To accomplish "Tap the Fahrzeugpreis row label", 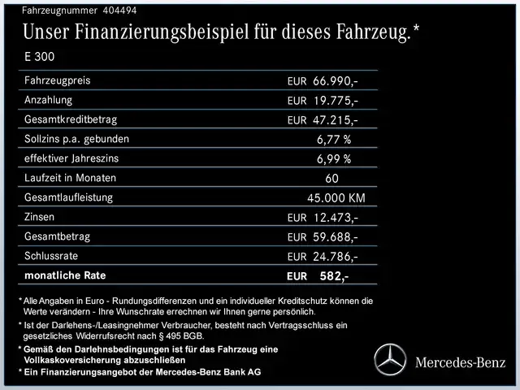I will coord(58,80).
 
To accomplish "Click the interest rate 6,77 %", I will coord(334,140).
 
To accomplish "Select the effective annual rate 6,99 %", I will coord(334,159).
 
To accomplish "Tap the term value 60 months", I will coord(331,179).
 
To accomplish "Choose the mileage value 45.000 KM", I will coord(336,198).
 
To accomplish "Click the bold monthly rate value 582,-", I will coord(334,276).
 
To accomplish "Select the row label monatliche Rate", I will coord(66,275).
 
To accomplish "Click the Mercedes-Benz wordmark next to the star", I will coord(460,361).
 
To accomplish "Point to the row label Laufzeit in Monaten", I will coord(71,178).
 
